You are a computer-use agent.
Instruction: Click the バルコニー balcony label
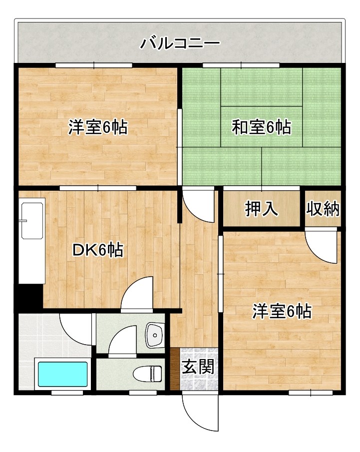point(179,43)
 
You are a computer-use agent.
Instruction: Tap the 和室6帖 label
point(261,128)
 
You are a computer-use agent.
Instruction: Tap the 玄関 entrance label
point(198,368)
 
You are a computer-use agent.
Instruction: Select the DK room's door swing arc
point(136,294)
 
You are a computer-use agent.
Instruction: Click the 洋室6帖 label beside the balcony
point(98,128)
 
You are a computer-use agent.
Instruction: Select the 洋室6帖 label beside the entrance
point(282,312)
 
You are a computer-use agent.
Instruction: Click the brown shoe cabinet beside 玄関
point(174,369)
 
